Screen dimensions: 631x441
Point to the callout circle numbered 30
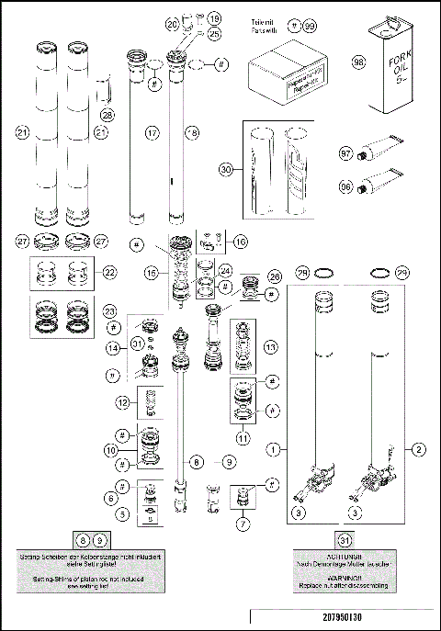(227, 168)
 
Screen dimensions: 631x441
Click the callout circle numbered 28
(108, 114)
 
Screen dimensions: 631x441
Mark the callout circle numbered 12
(121, 401)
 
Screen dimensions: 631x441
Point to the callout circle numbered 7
(243, 526)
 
